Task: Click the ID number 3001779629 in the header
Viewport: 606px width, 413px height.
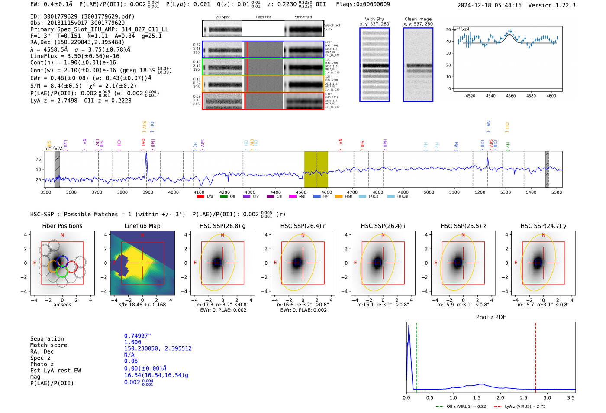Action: (x=60, y=16)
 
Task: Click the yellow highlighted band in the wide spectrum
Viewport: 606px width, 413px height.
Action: (x=316, y=169)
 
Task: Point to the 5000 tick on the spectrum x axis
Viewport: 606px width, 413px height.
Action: (x=429, y=192)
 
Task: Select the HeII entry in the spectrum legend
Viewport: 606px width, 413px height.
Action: (x=348, y=196)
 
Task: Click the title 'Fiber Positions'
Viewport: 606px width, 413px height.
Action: (x=62, y=226)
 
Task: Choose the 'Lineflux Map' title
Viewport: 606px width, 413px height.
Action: (x=142, y=226)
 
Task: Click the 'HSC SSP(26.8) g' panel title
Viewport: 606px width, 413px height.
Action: (x=222, y=226)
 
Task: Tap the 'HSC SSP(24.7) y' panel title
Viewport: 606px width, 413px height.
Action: (x=543, y=226)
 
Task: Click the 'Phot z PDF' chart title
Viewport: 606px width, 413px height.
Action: (x=491, y=317)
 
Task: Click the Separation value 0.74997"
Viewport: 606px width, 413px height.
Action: (x=138, y=336)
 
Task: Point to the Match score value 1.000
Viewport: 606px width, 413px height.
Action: (x=132, y=342)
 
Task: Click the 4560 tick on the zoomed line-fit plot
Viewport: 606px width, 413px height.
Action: (x=511, y=96)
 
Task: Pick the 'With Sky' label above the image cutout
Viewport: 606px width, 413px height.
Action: (x=374, y=19)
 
